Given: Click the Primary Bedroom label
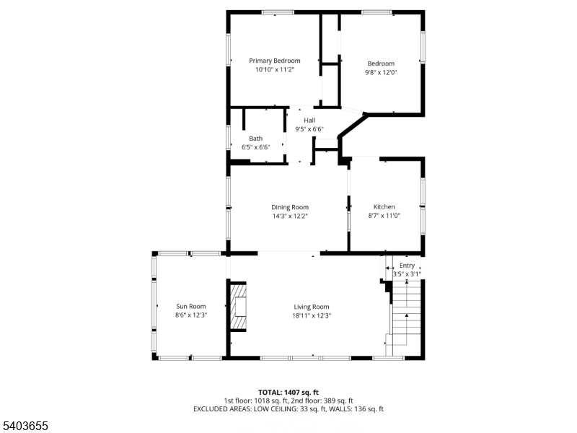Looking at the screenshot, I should [x=275, y=61].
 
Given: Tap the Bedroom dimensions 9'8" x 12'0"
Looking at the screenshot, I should [x=381, y=72].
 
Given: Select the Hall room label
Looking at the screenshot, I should [x=309, y=120].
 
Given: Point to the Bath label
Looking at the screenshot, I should [x=256, y=138].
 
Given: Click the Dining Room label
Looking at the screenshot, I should [x=290, y=207].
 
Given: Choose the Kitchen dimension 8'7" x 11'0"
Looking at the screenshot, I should [x=384, y=215].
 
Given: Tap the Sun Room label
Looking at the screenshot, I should [x=191, y=306].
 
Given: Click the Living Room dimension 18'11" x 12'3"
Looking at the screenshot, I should [x=312, y=315].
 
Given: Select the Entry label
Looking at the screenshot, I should [x=407, y=266].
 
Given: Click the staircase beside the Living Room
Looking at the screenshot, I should [x=405, y=318].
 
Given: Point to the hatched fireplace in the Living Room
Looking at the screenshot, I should [x=238, y=306].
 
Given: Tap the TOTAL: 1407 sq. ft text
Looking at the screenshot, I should [x=288, y=391].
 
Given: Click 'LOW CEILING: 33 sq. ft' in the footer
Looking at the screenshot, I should [x=291, y=408].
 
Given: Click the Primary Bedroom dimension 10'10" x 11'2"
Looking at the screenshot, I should [x=275, y=70].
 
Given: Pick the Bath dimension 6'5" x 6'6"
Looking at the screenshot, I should [x=255, y=147].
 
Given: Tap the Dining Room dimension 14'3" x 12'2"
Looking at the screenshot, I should [x=290, y=216].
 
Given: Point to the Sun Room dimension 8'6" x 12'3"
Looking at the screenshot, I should [x=191, y=315].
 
